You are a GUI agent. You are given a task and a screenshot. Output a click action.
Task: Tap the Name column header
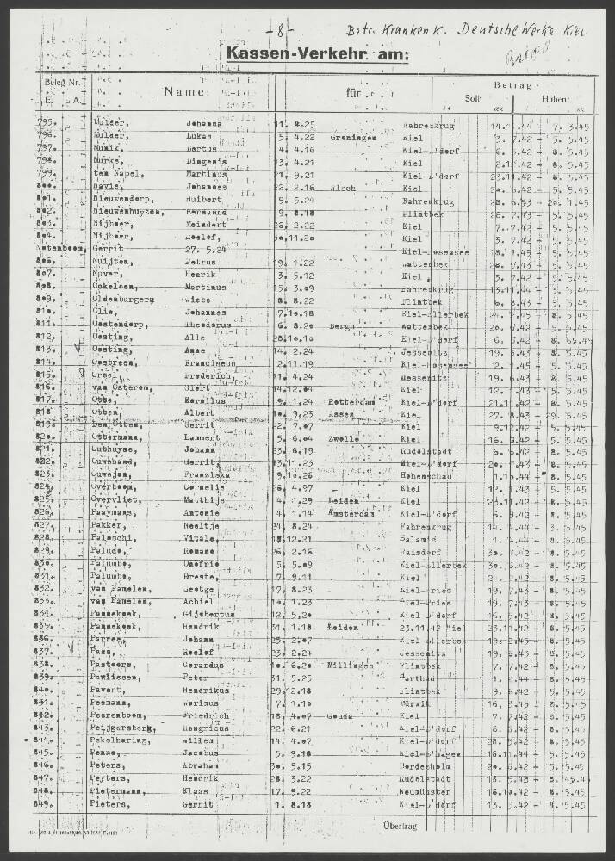coord(184,90)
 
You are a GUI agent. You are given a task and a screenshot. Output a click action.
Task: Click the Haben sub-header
coord(555,98)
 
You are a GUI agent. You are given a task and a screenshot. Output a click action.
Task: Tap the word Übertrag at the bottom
coord(399,826)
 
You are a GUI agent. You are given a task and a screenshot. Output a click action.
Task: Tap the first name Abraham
coord(206,765)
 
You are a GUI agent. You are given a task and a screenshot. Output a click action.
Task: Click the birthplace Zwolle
coord(342,437)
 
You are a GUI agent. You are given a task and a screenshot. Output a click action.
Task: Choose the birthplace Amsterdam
coord(351,512)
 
